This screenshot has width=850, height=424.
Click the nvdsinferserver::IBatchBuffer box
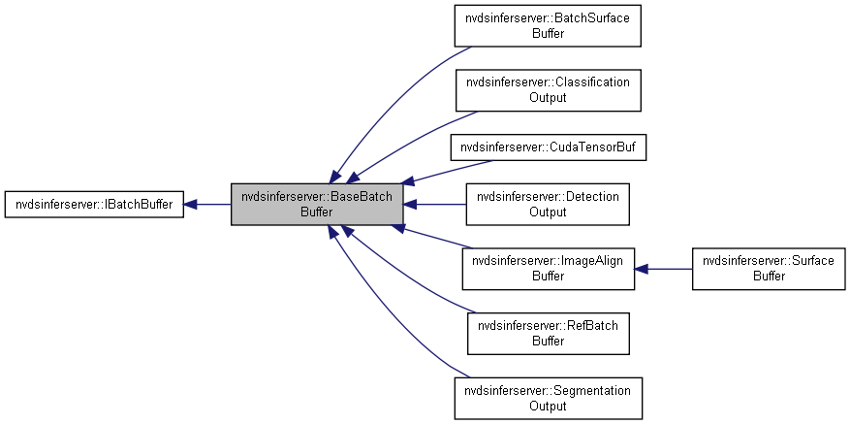click(94, 205)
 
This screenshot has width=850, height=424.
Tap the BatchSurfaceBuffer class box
click(549, 26)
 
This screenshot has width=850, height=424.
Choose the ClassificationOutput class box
click(549, 90)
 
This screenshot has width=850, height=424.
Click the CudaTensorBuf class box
click(549, 147)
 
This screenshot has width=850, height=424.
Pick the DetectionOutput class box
click(549, 204)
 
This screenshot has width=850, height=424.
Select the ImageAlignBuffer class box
click(549, 268)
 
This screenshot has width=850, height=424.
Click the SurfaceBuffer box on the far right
click(767, 268)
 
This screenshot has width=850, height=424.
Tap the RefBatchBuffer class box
click(549, 333)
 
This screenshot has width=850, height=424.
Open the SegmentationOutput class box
click(549, 397)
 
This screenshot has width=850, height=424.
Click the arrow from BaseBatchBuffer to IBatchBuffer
click(207, 205)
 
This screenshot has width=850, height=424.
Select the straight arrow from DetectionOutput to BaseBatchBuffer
click(436, 205)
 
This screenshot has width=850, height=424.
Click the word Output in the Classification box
click(549, 98)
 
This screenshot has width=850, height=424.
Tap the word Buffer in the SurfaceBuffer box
click(767, 276)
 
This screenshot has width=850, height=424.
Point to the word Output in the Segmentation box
click(549, 406)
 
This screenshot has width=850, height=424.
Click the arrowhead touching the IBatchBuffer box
click(191, 205)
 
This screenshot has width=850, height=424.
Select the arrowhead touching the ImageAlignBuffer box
click(642, 268)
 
